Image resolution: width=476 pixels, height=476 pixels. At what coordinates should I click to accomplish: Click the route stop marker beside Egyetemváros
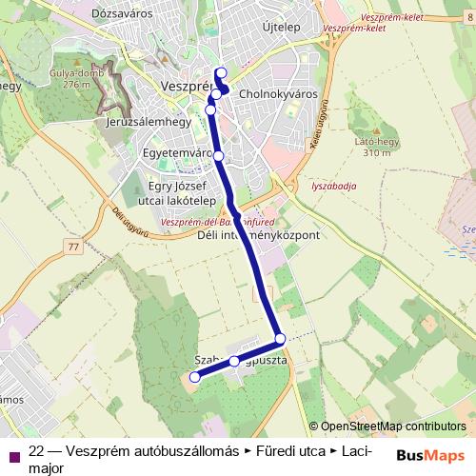pos(218,155)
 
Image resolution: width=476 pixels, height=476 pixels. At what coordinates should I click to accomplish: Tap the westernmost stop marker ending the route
pos(195,378)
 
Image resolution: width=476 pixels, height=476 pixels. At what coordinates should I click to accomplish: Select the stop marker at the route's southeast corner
pos(280,339)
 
